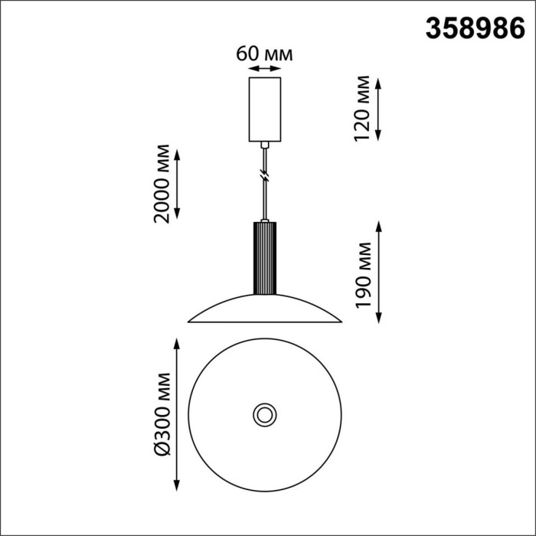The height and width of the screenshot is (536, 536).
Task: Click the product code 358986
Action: tap(476, 29)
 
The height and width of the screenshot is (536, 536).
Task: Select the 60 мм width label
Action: tap(264, 54)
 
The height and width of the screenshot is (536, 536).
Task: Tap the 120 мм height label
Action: tap(362, 109)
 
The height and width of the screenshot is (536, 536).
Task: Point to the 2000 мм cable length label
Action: tap(162, 184)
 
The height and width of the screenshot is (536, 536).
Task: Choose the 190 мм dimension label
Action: tap(363, 276)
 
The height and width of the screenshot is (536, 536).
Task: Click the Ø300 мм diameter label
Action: tap(162, 414)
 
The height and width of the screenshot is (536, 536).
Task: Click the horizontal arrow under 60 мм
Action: tap(265, 69)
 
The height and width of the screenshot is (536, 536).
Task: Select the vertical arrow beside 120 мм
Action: tap(378, 109)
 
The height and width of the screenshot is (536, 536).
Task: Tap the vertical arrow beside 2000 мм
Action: tap(177, 184)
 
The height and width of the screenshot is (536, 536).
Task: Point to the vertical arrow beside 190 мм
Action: tap(378, 272)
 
